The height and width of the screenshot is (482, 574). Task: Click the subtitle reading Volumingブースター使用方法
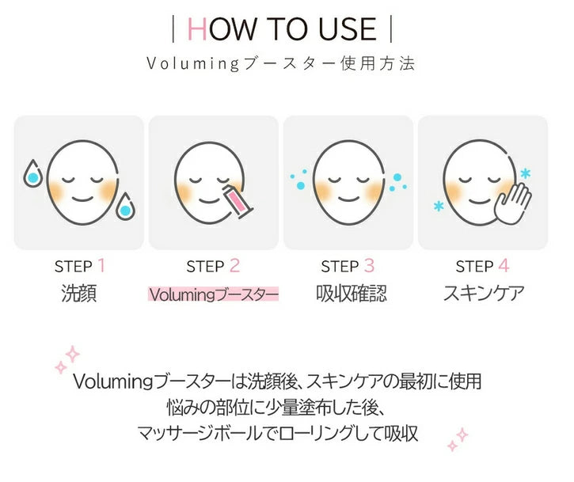tap(281, 63)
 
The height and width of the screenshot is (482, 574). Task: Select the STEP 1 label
tap(79, 266)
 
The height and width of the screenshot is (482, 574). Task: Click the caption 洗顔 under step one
tap(79, 294)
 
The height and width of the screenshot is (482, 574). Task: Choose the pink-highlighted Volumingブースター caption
tap(214, 294)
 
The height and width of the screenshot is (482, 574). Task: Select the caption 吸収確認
tap(348, 294)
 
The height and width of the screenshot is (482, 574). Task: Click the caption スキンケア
tap(483, 294)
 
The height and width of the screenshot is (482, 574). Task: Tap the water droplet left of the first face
tap(32, 174)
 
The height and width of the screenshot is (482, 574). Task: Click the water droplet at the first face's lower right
tap(125, 208)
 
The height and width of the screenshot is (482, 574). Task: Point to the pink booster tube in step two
tap(238, 200)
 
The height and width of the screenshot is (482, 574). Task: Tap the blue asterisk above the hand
tap(525, 172)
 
